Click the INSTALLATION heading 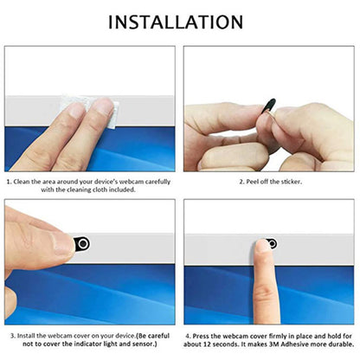click(x=176, y=22)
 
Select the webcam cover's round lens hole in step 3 click(x=83, y=244)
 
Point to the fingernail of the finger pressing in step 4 click(x=261, y=247)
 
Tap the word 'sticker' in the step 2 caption click(x=292, y=182)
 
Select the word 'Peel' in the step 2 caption click(x=253, y=182)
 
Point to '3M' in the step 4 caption click(x=274, y=344)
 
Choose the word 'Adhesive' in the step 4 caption click(x=295, y=344)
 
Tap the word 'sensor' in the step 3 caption click(x=143, y=344)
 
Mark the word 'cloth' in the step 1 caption click(x=100, y=190)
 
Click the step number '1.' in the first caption click(x=10, y=182)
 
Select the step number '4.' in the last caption click(x=188, y=336)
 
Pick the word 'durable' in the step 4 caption click(x=340, y=344)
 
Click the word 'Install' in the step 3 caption click(x=26, y=336)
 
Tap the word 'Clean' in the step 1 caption click(x=22, y=182)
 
